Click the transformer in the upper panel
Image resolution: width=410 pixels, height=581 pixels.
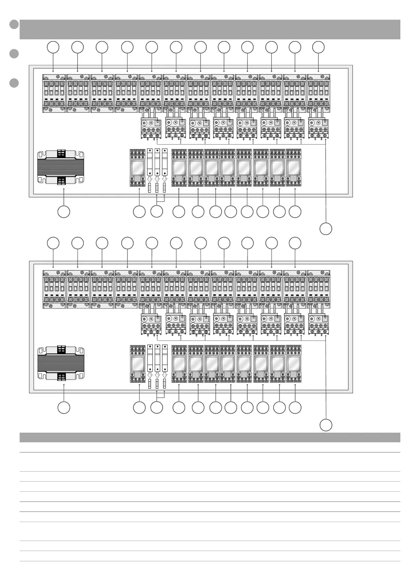coord(61,167)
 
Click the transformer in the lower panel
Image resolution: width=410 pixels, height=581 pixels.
coord(61,363)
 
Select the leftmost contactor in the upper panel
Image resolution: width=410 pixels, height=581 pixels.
coord(54,93)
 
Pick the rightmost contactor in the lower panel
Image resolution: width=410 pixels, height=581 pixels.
coord(318,289)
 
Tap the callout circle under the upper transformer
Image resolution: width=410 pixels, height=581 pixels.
coord(64,212)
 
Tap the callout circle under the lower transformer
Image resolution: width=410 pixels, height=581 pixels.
coord(64,407)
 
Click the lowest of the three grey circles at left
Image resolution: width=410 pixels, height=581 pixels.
coord(14,83)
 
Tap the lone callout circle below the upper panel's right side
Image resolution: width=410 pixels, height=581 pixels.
coord(326,229)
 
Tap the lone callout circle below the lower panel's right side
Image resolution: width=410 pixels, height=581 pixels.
coord(326,425)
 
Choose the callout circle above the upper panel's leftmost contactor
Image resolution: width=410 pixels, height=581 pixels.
coord(53,47)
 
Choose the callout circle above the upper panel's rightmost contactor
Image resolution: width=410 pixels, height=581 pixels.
coord(318,47)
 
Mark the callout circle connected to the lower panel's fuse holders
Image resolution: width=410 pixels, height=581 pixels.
coord(157,407)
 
